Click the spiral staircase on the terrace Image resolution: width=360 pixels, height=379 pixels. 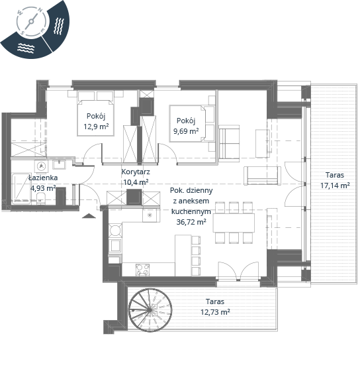pos(150,309)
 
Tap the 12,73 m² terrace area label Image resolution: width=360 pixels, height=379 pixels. pos(215,312)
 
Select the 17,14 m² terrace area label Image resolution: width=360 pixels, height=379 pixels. pos(335,186)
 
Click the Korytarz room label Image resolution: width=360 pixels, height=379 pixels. pos(136,172)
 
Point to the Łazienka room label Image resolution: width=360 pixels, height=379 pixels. pos(43,178)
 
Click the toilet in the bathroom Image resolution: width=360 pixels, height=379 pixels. pos(41,199)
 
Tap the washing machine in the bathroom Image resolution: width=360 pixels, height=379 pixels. pos(41,166)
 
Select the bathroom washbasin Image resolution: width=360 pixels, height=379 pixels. pos(59,164)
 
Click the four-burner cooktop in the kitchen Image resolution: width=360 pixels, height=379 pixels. pos(142,270)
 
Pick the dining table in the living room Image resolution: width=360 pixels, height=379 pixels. pos(234,223)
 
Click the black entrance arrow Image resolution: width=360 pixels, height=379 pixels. pos(89,216)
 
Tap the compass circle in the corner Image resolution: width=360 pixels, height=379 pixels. pos(31,23)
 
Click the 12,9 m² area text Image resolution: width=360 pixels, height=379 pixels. pos(96,126)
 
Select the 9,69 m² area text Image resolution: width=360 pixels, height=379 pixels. pos(186,131)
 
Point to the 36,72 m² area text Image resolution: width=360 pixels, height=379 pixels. pos(191,222)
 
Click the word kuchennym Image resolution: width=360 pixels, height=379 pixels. pos(191,211)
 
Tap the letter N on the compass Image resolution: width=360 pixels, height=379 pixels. pos(40,10)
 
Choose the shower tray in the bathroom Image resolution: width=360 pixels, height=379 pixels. pos(21,188)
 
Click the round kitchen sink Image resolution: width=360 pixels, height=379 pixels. pos(115,230)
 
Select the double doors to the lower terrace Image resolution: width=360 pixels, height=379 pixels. pos(238,271)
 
